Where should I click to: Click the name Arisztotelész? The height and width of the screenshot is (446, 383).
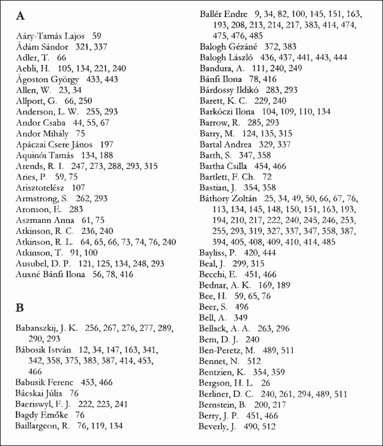tap(41, 188)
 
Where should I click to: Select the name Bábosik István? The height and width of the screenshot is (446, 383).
tap(44, 349)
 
